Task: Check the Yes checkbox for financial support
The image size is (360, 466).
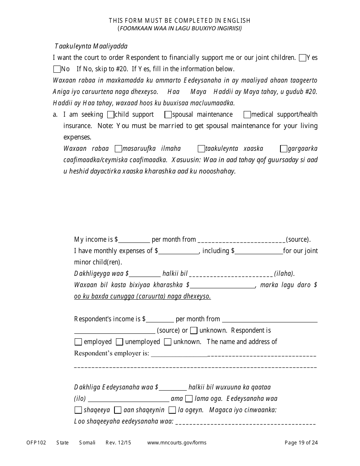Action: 302,58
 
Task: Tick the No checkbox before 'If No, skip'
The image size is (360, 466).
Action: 57,69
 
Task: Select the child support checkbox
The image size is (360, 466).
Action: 111,114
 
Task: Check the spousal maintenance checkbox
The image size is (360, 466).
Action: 168,114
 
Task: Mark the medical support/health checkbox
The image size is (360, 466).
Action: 247,114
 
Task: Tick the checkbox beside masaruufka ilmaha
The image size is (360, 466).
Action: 118,149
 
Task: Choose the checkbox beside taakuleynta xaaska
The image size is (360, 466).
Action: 201,149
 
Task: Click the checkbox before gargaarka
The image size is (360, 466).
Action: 283,149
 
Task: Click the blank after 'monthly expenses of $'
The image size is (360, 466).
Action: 179,251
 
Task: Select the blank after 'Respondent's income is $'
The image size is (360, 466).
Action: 160,319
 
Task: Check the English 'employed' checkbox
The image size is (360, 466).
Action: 78,342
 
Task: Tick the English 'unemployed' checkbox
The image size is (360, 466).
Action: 119,342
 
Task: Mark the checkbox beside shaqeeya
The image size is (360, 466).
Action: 78,410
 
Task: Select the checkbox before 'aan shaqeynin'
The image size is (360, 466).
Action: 118,410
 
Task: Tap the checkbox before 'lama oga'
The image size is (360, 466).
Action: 189,399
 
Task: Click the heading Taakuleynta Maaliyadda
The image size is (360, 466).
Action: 91,46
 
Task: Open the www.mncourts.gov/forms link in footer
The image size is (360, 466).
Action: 177,443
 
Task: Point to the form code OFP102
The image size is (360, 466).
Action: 36,443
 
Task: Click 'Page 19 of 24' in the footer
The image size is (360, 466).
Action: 301,443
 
